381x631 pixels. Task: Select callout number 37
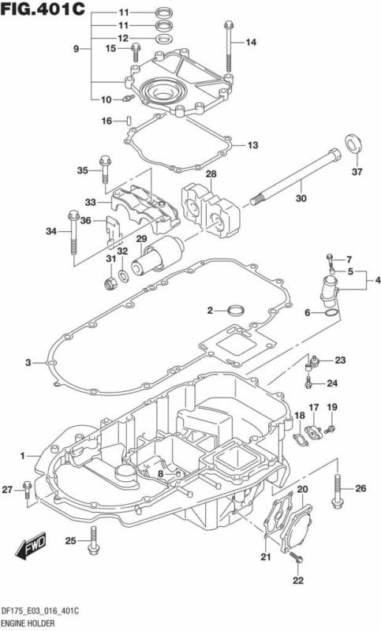pos(357,172)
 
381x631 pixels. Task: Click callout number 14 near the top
pos(251,42)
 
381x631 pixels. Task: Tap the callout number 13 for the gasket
pos(252,145)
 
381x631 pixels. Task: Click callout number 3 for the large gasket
pos(28,362)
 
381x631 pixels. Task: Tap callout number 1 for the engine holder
pos(23,456)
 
